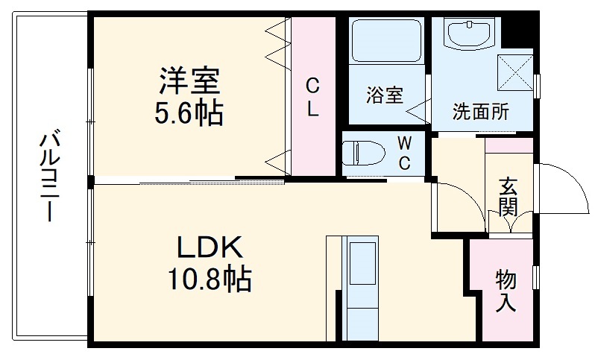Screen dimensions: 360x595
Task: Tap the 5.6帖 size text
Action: click(188, 114)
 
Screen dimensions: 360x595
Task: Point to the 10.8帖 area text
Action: click(209, 280)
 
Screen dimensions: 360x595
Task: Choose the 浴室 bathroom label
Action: click(384, 95)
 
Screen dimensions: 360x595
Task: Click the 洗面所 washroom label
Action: click(481, 112)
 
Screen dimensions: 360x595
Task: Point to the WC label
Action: click(403, 153)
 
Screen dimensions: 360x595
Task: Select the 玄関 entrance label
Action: click(509, 196)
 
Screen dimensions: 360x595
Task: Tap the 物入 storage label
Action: click(507, 291)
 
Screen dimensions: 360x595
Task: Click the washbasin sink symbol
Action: click(468, 34)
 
